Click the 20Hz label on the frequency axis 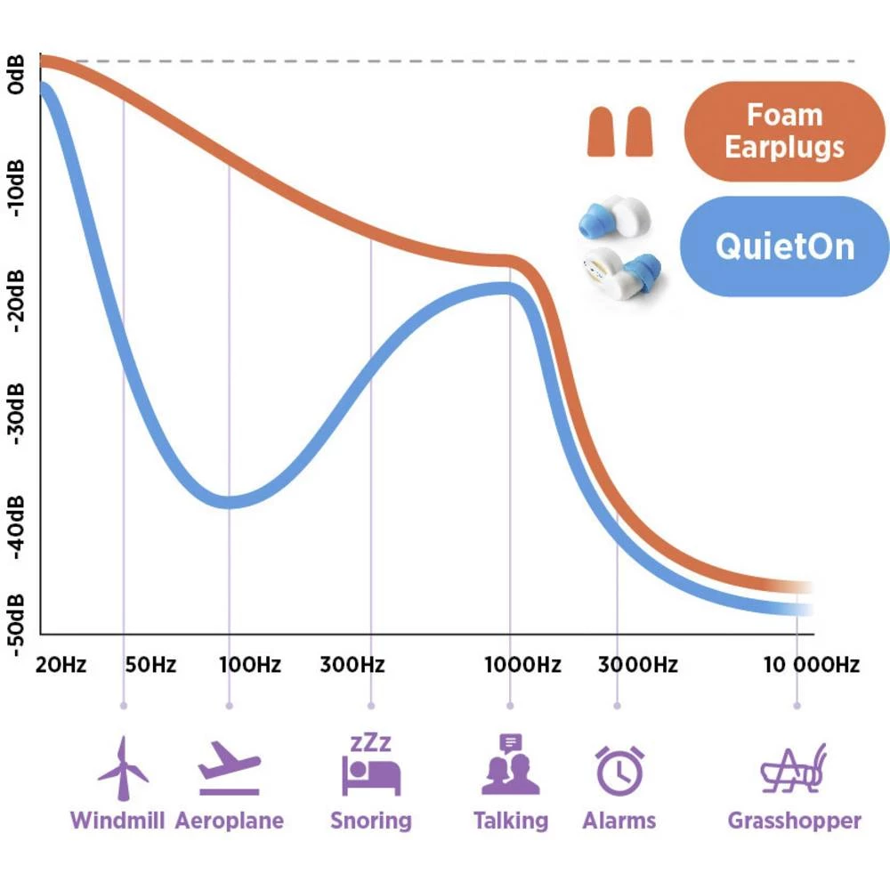pos(61,665)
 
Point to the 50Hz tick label pos(150,665)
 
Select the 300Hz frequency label pos(353,665)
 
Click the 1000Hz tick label pos(522,665)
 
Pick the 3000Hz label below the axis pos(637,665)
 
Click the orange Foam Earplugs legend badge pos(784,131)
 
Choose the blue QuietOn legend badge pos(784,247)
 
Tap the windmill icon pos(123,767)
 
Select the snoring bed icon pos(370,765)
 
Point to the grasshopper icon pos(795,769)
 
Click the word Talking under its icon pos(510,820)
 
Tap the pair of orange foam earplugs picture pos(619,132)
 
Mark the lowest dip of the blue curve pos(230,501)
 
